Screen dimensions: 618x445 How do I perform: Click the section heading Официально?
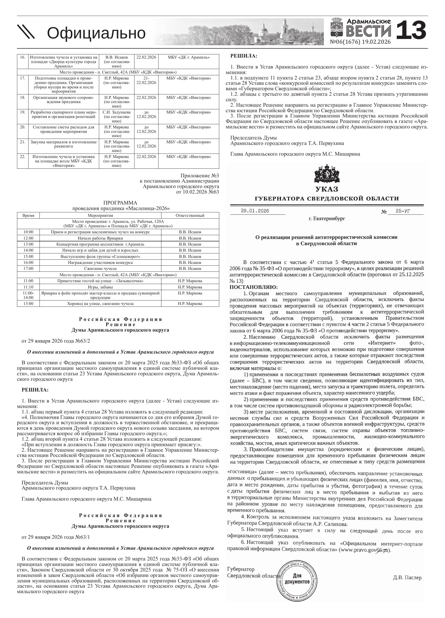[96, 33]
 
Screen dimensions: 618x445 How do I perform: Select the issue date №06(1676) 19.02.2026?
[360, 42]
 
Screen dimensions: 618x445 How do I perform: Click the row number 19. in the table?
[22, 112]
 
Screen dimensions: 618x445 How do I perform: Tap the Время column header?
[28, 215]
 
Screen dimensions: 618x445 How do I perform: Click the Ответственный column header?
[190, 215]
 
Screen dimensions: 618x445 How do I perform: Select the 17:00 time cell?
[28, 269]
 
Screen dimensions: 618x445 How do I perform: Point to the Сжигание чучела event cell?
[100, 269]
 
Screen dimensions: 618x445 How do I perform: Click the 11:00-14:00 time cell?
[28, 295]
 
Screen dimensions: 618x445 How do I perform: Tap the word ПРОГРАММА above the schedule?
[120, 203]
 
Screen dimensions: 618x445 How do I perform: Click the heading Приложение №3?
[200, 176]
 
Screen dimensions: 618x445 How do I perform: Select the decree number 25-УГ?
[403, 211]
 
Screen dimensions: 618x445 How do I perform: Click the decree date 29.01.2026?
[255, 211]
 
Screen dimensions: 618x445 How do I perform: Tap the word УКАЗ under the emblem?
[326, 189]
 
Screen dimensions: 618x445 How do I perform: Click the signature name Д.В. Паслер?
[407, 578]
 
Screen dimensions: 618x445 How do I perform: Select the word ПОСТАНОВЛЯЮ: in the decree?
[254, 287]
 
